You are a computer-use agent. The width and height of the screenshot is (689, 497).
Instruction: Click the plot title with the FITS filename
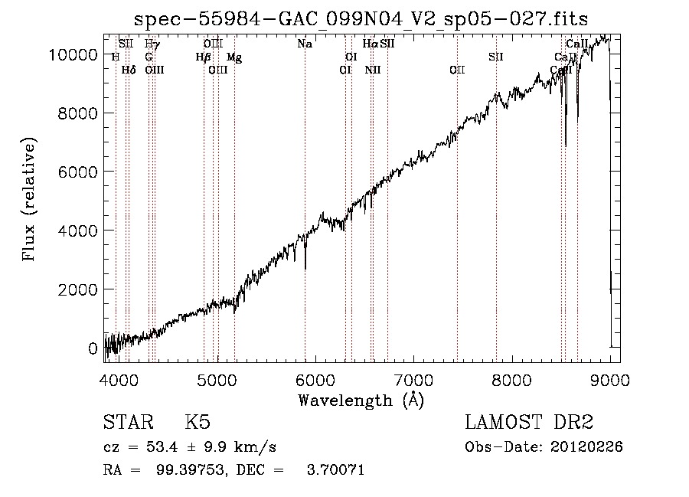coord(361,18)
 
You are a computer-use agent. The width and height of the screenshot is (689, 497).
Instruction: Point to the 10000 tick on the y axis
coord(77,54)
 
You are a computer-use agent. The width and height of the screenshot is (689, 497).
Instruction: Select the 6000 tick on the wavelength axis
coord(315,379)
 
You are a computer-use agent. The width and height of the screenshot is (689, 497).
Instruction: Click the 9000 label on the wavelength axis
coord(610,379)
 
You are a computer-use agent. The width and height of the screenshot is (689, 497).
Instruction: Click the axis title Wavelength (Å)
coord(361,400)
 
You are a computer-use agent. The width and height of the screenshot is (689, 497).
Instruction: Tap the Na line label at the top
coord(305,44)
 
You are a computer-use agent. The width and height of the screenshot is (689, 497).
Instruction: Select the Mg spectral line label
coord(234,57)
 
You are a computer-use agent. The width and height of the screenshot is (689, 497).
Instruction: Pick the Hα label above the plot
coord(371,44)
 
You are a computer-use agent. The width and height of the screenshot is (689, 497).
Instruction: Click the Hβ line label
coord(203,57)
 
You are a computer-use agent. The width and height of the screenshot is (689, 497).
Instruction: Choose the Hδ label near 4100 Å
coord(129,70)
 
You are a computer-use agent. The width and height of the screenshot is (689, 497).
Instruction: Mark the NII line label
coord(373,70)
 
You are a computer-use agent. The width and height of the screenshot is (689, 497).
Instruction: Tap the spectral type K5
coord(198,423)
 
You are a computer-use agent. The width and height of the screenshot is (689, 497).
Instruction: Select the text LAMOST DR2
coord(529,423)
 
